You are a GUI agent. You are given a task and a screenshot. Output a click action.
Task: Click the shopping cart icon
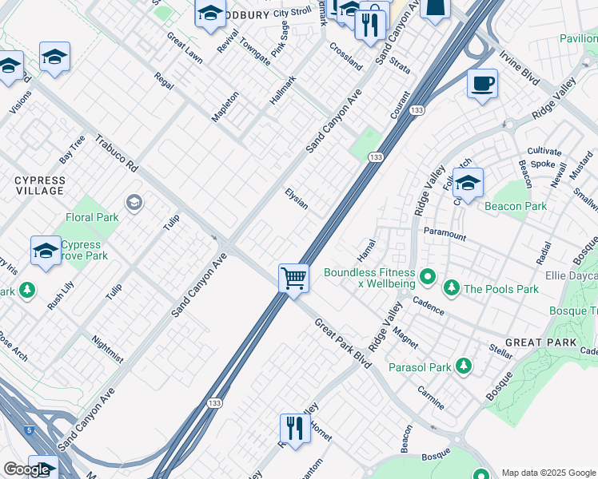click(x=294, y=279)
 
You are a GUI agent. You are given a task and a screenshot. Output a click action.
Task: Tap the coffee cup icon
click(x=482, y=83)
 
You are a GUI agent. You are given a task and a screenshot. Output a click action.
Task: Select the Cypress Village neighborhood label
click(x=39, y=186)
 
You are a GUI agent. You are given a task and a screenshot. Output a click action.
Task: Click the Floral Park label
click(x=91, y=217)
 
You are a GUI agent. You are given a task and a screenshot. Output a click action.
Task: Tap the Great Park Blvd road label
click(x=343, y=342)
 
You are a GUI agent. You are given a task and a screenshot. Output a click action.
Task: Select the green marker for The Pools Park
click(x=452, y=287)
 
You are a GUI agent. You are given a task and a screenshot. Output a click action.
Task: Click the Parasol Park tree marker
click(x=463, y=366)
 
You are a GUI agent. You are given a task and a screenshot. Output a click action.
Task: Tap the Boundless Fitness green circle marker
click(x=428, y=279)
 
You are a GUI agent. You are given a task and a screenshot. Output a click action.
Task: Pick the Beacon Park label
click(x=516, y=206)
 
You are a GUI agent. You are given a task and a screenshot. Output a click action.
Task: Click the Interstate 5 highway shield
click(x=30, y=430)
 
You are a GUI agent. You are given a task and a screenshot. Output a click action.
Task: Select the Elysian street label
click(x=297, y=199)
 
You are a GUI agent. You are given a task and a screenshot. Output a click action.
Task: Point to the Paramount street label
click(x=445, y=236)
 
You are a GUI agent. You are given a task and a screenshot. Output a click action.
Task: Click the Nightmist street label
click(x=107, y=350)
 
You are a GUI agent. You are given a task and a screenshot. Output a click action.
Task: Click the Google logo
click(x=26, y=469)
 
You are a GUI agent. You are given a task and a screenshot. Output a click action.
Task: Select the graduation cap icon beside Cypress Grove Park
click(x=46, y=250)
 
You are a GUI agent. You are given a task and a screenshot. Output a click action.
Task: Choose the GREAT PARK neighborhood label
click(x=540, y=342)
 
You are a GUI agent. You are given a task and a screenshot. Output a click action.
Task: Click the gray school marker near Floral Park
click(x=134, y=201)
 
